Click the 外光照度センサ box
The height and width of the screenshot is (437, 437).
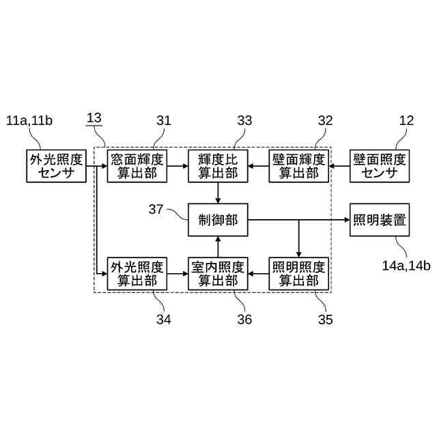57,166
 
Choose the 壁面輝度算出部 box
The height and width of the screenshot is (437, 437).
298,166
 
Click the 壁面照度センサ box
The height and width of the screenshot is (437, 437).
380,166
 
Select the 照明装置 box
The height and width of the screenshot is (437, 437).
380,220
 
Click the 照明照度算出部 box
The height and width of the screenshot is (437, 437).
298,273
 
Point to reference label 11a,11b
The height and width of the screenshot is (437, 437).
29,122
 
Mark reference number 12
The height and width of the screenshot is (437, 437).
406,122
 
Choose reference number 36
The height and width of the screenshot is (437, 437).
244,318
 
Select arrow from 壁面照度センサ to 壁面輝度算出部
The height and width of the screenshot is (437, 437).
339,166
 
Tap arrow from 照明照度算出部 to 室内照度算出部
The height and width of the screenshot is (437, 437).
258,273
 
